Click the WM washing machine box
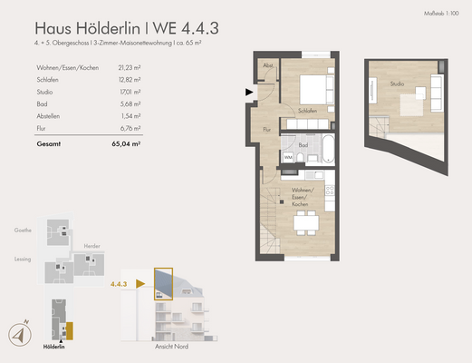pos(288,157)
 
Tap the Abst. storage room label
pos(268,66)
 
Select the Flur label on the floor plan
pos(267,130)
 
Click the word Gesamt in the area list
pos(50,143)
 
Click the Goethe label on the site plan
pos(24,231)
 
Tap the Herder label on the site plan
pos(91,245)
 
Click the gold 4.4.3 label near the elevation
pos(118,283)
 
